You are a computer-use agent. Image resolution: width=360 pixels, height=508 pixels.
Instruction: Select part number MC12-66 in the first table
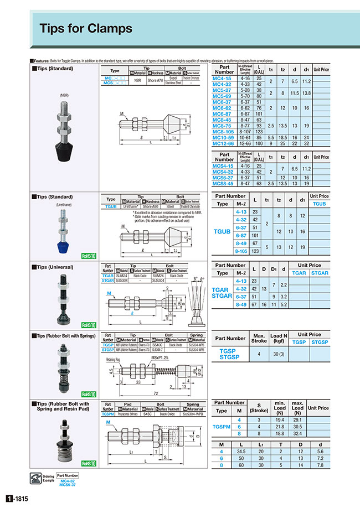pos(224,144)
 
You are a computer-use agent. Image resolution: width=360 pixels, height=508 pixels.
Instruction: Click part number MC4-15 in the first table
pos(224,79)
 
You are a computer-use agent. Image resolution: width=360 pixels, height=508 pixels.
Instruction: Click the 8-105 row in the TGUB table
pos(241,251)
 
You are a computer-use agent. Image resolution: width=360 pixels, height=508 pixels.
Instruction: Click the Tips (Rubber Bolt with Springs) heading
pos(67,335)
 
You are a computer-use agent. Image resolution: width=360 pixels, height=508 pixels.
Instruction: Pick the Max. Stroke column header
pos(260,338)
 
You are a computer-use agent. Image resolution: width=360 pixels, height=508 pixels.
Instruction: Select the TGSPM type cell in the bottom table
pos(222,427)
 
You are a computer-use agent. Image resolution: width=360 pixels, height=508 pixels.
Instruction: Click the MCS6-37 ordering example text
pos(68,486)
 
